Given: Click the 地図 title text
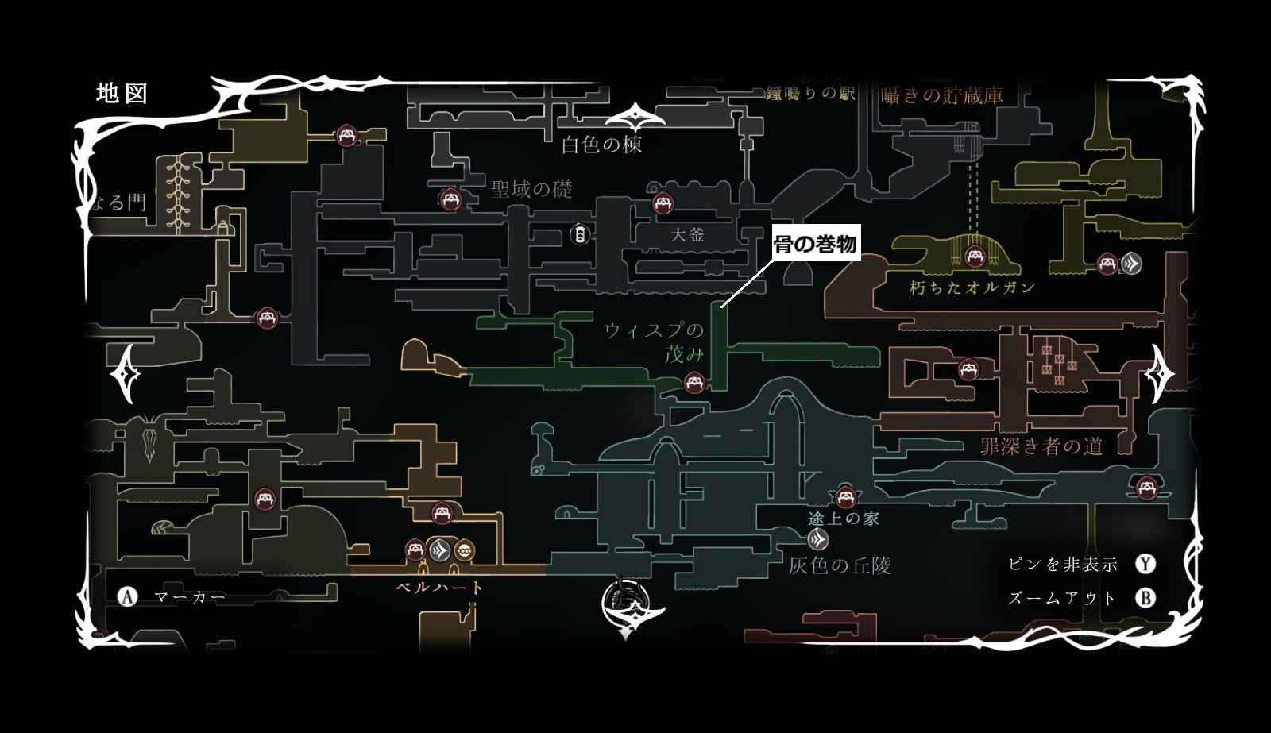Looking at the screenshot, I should point(122,93).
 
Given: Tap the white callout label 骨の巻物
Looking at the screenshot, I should point(816,245).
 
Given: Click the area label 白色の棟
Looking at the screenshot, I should point(601,145).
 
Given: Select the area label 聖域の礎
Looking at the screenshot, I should point(531,189).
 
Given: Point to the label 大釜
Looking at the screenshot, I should point(687,234).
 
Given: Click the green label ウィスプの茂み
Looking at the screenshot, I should point(655,341).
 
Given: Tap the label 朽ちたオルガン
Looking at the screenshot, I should point(972,287).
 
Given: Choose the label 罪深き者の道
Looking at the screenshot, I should point(1041,446).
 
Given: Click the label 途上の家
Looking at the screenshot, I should point(843,519).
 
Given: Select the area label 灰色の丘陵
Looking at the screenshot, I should point(840,565).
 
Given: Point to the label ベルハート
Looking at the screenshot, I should point(439,588).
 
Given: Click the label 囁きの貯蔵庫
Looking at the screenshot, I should point(941,96).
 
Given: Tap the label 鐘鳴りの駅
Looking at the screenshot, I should point(810,94).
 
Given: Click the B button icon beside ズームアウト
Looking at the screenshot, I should point(1145,597).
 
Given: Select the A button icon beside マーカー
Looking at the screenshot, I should point(127,596).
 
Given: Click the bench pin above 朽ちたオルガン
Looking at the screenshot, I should point(974,256).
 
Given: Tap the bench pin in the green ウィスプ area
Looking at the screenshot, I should point(694,383).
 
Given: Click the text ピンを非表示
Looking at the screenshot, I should point(1062,565).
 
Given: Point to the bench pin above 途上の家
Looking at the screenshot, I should point(845,496).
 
